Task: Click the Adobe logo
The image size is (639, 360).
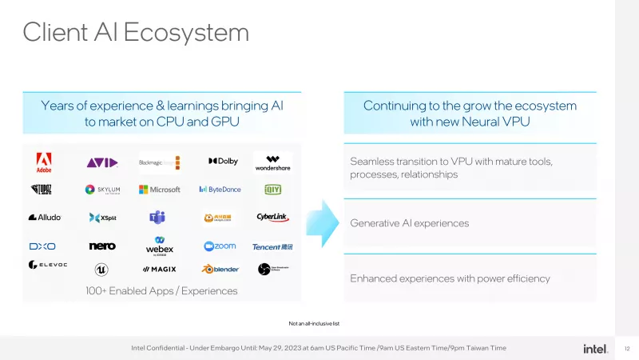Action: pos(44,162)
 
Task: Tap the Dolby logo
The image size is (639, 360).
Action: pos(223,162)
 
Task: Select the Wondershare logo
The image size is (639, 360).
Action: pos(273,162)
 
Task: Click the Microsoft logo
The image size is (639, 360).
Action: pos(160,190)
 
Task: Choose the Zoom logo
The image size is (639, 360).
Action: pos(220,246)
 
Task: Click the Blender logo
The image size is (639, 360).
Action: pos(220,269)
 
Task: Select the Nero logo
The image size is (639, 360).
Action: pos(102,246)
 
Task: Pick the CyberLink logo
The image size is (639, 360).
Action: pos(272,217)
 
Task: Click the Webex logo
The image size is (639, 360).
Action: pos(160,246)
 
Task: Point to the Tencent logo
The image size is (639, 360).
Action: pos(272,246)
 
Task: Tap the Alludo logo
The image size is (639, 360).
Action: pos(45,217)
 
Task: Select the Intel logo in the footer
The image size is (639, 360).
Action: pos(595,348)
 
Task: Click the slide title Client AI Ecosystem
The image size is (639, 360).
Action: pos(136,32)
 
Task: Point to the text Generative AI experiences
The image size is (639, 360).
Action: pos(409,223)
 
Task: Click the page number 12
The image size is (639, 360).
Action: pos(627,348)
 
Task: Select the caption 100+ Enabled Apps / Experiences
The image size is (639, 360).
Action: pos(161,291)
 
